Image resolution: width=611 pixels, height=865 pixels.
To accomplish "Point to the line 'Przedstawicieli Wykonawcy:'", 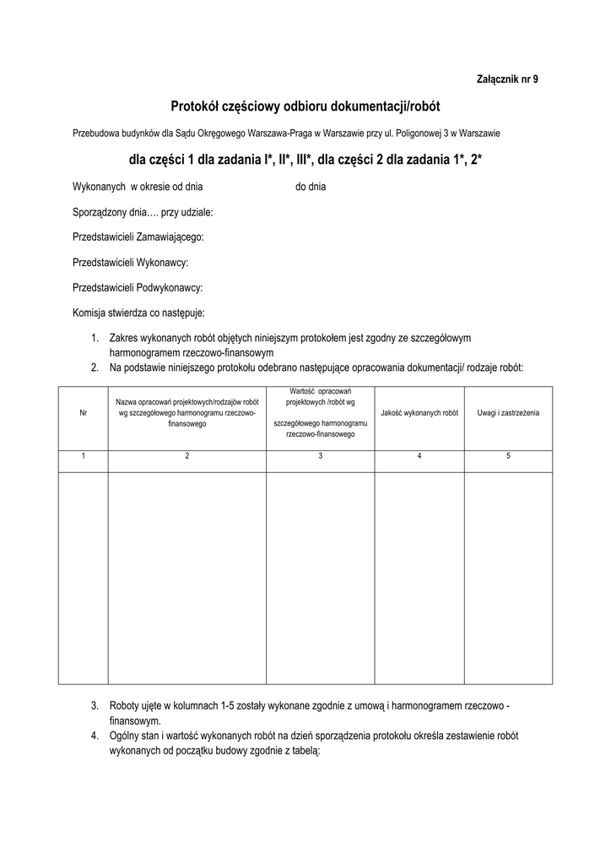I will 131,263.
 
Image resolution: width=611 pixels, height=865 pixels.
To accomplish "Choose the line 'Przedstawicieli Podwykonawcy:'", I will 138,288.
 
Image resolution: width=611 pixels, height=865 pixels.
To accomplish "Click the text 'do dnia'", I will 311,187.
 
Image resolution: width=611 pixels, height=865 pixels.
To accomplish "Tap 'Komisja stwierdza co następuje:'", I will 138,313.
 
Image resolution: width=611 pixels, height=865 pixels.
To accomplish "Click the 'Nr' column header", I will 83,413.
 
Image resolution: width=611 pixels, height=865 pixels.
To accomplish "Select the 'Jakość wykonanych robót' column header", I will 419,413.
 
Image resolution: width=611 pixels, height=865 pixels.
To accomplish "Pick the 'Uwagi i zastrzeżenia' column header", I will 508,413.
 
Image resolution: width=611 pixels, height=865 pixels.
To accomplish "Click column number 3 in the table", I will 320,456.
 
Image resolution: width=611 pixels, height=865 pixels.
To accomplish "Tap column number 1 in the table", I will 83,456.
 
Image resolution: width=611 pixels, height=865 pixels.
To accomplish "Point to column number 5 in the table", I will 508,456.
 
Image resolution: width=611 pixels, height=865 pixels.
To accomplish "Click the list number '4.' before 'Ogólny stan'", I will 95,736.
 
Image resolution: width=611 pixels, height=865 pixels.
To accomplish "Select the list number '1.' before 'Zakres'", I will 95,338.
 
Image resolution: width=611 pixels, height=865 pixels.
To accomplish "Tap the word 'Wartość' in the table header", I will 303,392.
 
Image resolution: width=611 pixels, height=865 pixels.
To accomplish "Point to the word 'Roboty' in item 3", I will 124,705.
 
